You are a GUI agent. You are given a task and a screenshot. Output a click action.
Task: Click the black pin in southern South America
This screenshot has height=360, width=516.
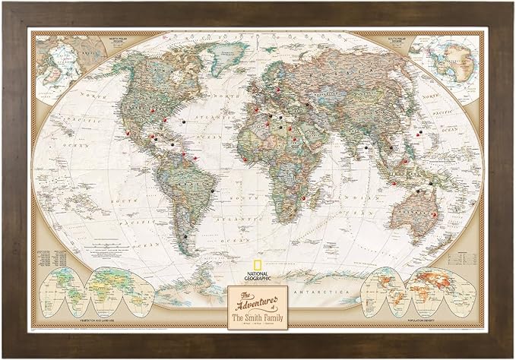(x=184, y=237)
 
